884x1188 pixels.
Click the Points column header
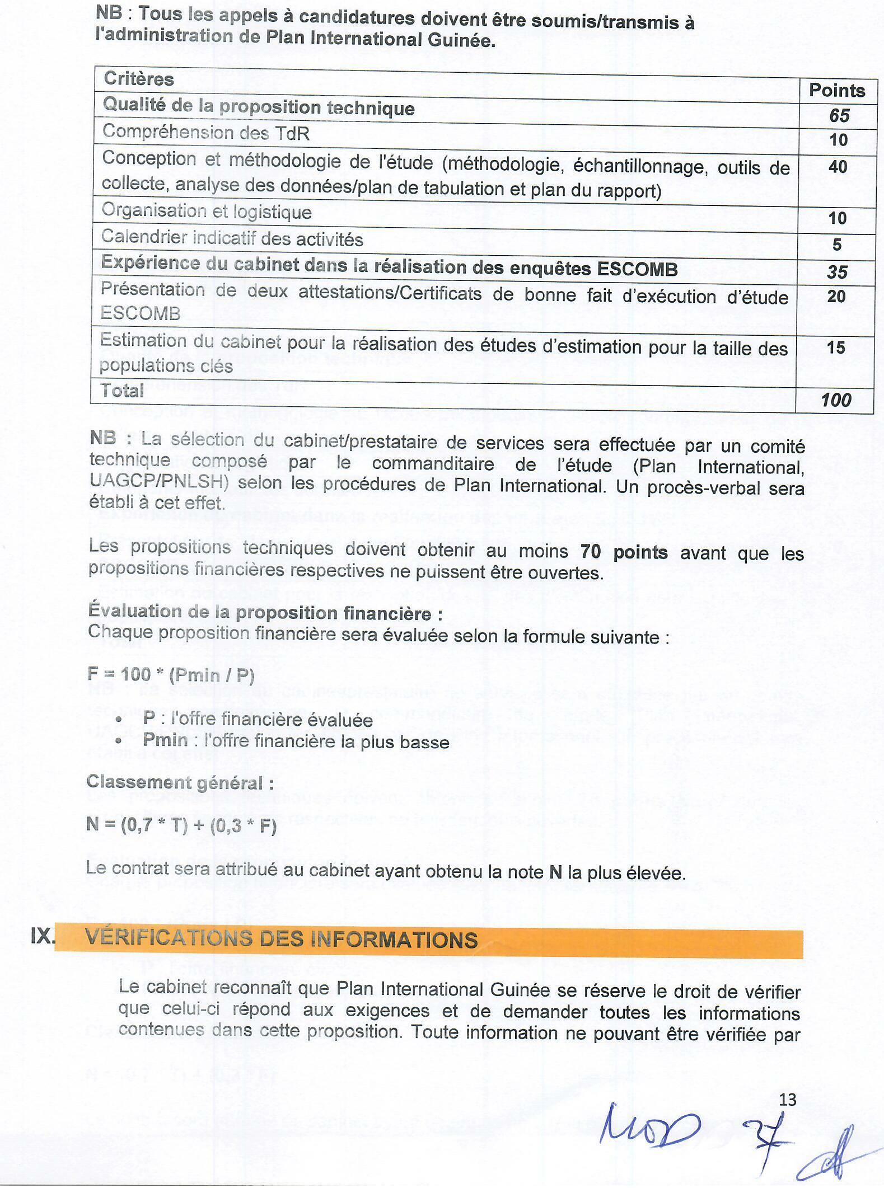point(836,90)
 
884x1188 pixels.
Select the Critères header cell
point(138,78)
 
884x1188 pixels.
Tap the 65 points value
point(839,115)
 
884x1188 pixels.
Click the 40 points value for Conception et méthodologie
point(838,166)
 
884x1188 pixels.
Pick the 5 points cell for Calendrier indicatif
point(837,244)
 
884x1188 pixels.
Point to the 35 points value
point(837,271)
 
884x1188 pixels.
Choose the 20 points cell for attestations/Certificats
point(836,296)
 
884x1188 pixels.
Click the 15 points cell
point(835,347)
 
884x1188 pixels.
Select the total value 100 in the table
point(835,400)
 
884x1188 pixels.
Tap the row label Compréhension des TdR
point(205,133)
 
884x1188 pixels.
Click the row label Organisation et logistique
point(206,211)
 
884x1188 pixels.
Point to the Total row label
point(122,390)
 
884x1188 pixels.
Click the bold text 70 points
point(624,552)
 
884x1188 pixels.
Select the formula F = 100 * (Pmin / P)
point(171,674)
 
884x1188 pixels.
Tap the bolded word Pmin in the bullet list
point(165,740)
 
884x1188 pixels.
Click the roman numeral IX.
point(43,936)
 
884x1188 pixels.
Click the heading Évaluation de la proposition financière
point(265,612)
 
